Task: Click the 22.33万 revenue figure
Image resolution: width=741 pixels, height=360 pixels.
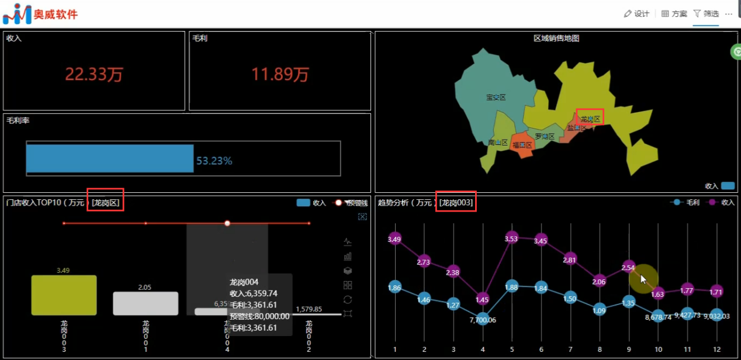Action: [x=94, y=74]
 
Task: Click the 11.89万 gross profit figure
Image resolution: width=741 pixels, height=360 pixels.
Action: [x=280, y=74]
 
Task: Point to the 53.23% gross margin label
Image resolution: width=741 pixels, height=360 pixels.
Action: [x=214, y=161]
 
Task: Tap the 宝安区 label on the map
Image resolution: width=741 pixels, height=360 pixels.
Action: [x=496, y=97]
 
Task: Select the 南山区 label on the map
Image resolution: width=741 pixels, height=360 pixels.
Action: [x=498, y=142]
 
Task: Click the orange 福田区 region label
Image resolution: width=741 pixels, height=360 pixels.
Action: [x=522, y=145]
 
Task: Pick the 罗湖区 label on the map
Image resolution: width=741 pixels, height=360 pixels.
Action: [x=545, y=136]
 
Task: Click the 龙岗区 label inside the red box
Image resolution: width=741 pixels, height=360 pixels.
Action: [x=590, y=119]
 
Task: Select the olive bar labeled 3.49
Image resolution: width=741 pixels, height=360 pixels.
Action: [x=64, y=295]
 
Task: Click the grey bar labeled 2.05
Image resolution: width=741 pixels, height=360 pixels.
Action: [x=146, y=303]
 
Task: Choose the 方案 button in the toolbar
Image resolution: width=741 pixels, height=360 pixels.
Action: [x=674, y=13]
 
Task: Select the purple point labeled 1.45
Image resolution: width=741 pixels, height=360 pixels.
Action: [x=482, y=299]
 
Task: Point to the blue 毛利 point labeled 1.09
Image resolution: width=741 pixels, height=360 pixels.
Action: [x=599, y=310]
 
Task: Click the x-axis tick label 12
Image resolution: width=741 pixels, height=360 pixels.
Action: [x=716, y=349]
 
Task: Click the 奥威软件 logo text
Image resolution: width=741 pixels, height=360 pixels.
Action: [x=56, y=14]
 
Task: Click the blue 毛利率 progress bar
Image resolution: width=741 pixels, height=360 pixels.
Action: [x=110, y=158]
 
